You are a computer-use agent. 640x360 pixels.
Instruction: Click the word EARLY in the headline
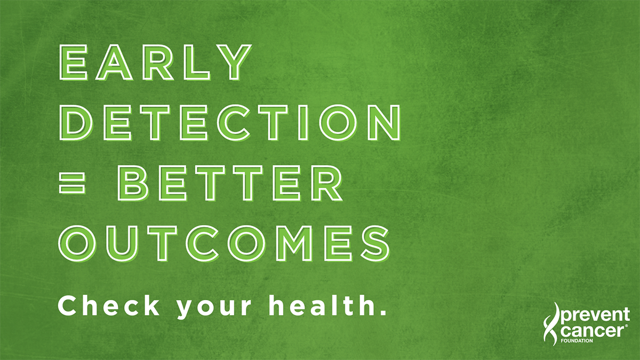click(x=155, y=63)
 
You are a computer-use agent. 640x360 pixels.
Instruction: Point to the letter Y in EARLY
click(x=235, y=63)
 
